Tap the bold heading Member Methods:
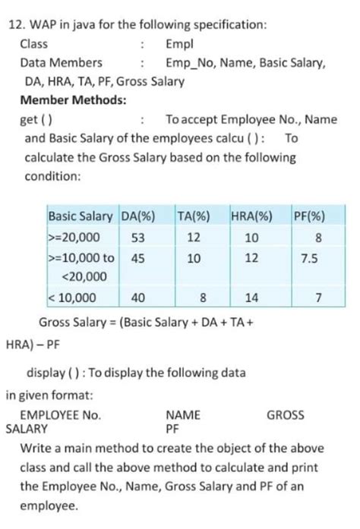pyautogui.click(x=73, y=100)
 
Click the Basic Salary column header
pyautogui.click(x=81, y=215)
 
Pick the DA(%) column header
pyautogui.click(x=137, y=215)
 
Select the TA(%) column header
pyautogui.click(x=193, y=215)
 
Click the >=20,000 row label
pyautogui.click(x=73, y=237)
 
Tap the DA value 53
pyautogui.click(x=137, y=237)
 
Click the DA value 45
pyautogui.click(x=137, y=258)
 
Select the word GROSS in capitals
pyautogui.click(x=286, y=415)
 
